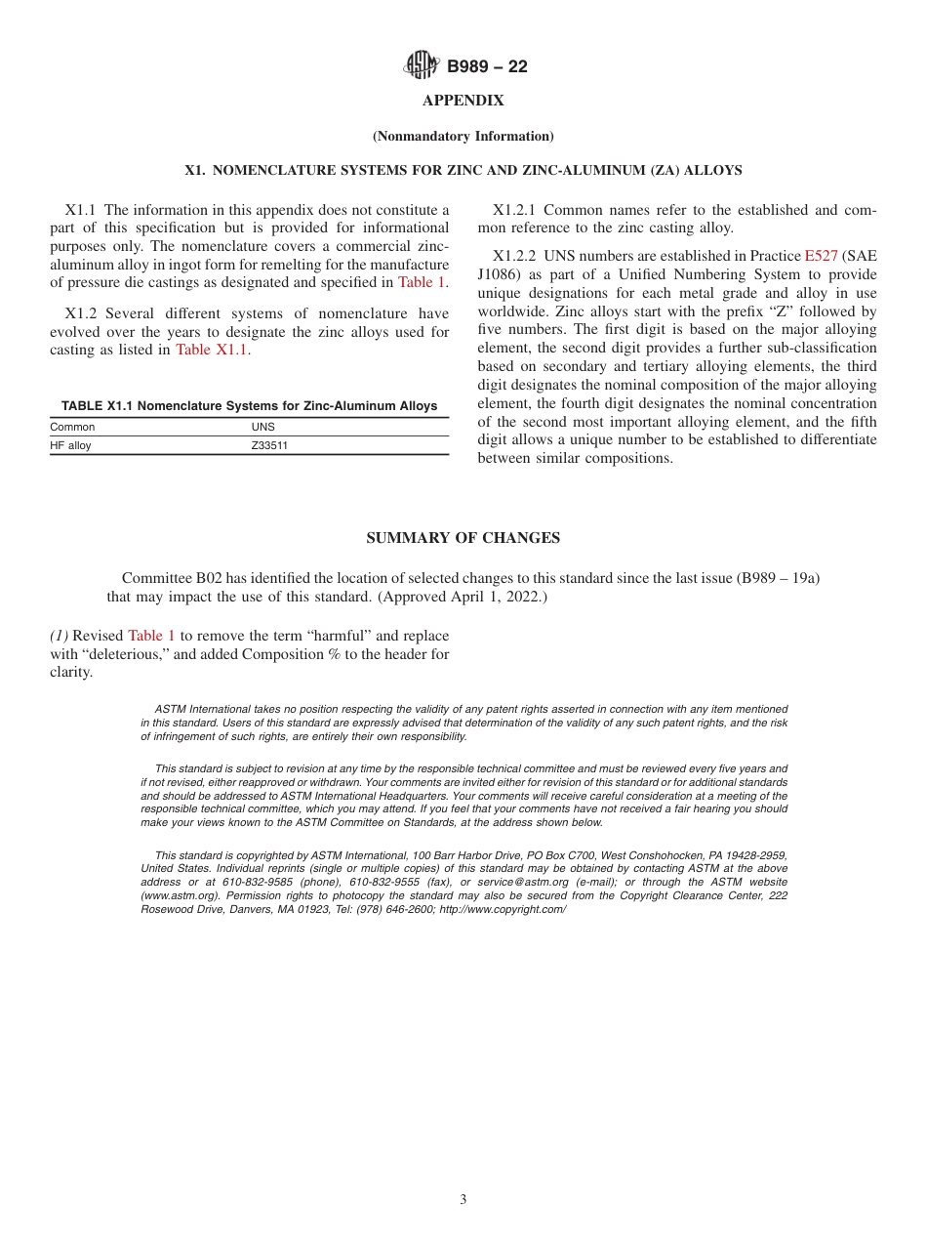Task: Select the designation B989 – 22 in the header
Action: click(x=487, y=66)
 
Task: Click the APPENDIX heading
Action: click(x=463, y=101)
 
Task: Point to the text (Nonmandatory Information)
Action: click(x=463, y=136)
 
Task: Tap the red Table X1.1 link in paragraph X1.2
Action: click(x=212, y=350)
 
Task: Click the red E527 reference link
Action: click(x=821, y=256)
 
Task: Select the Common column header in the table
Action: click(x=72, y=427)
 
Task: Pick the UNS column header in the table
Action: click(x=262, y=427)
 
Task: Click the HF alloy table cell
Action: click(x=70, y=445)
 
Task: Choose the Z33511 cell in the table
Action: click(x=269, y=445)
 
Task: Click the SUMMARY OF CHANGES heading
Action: click(x=463, y=538)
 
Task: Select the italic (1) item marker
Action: click(x=59, y=636)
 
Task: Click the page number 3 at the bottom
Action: click(x=463, y=1200)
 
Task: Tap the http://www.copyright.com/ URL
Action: click(x=503, y=909)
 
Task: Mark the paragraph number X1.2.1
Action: click(x=516, y=210)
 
